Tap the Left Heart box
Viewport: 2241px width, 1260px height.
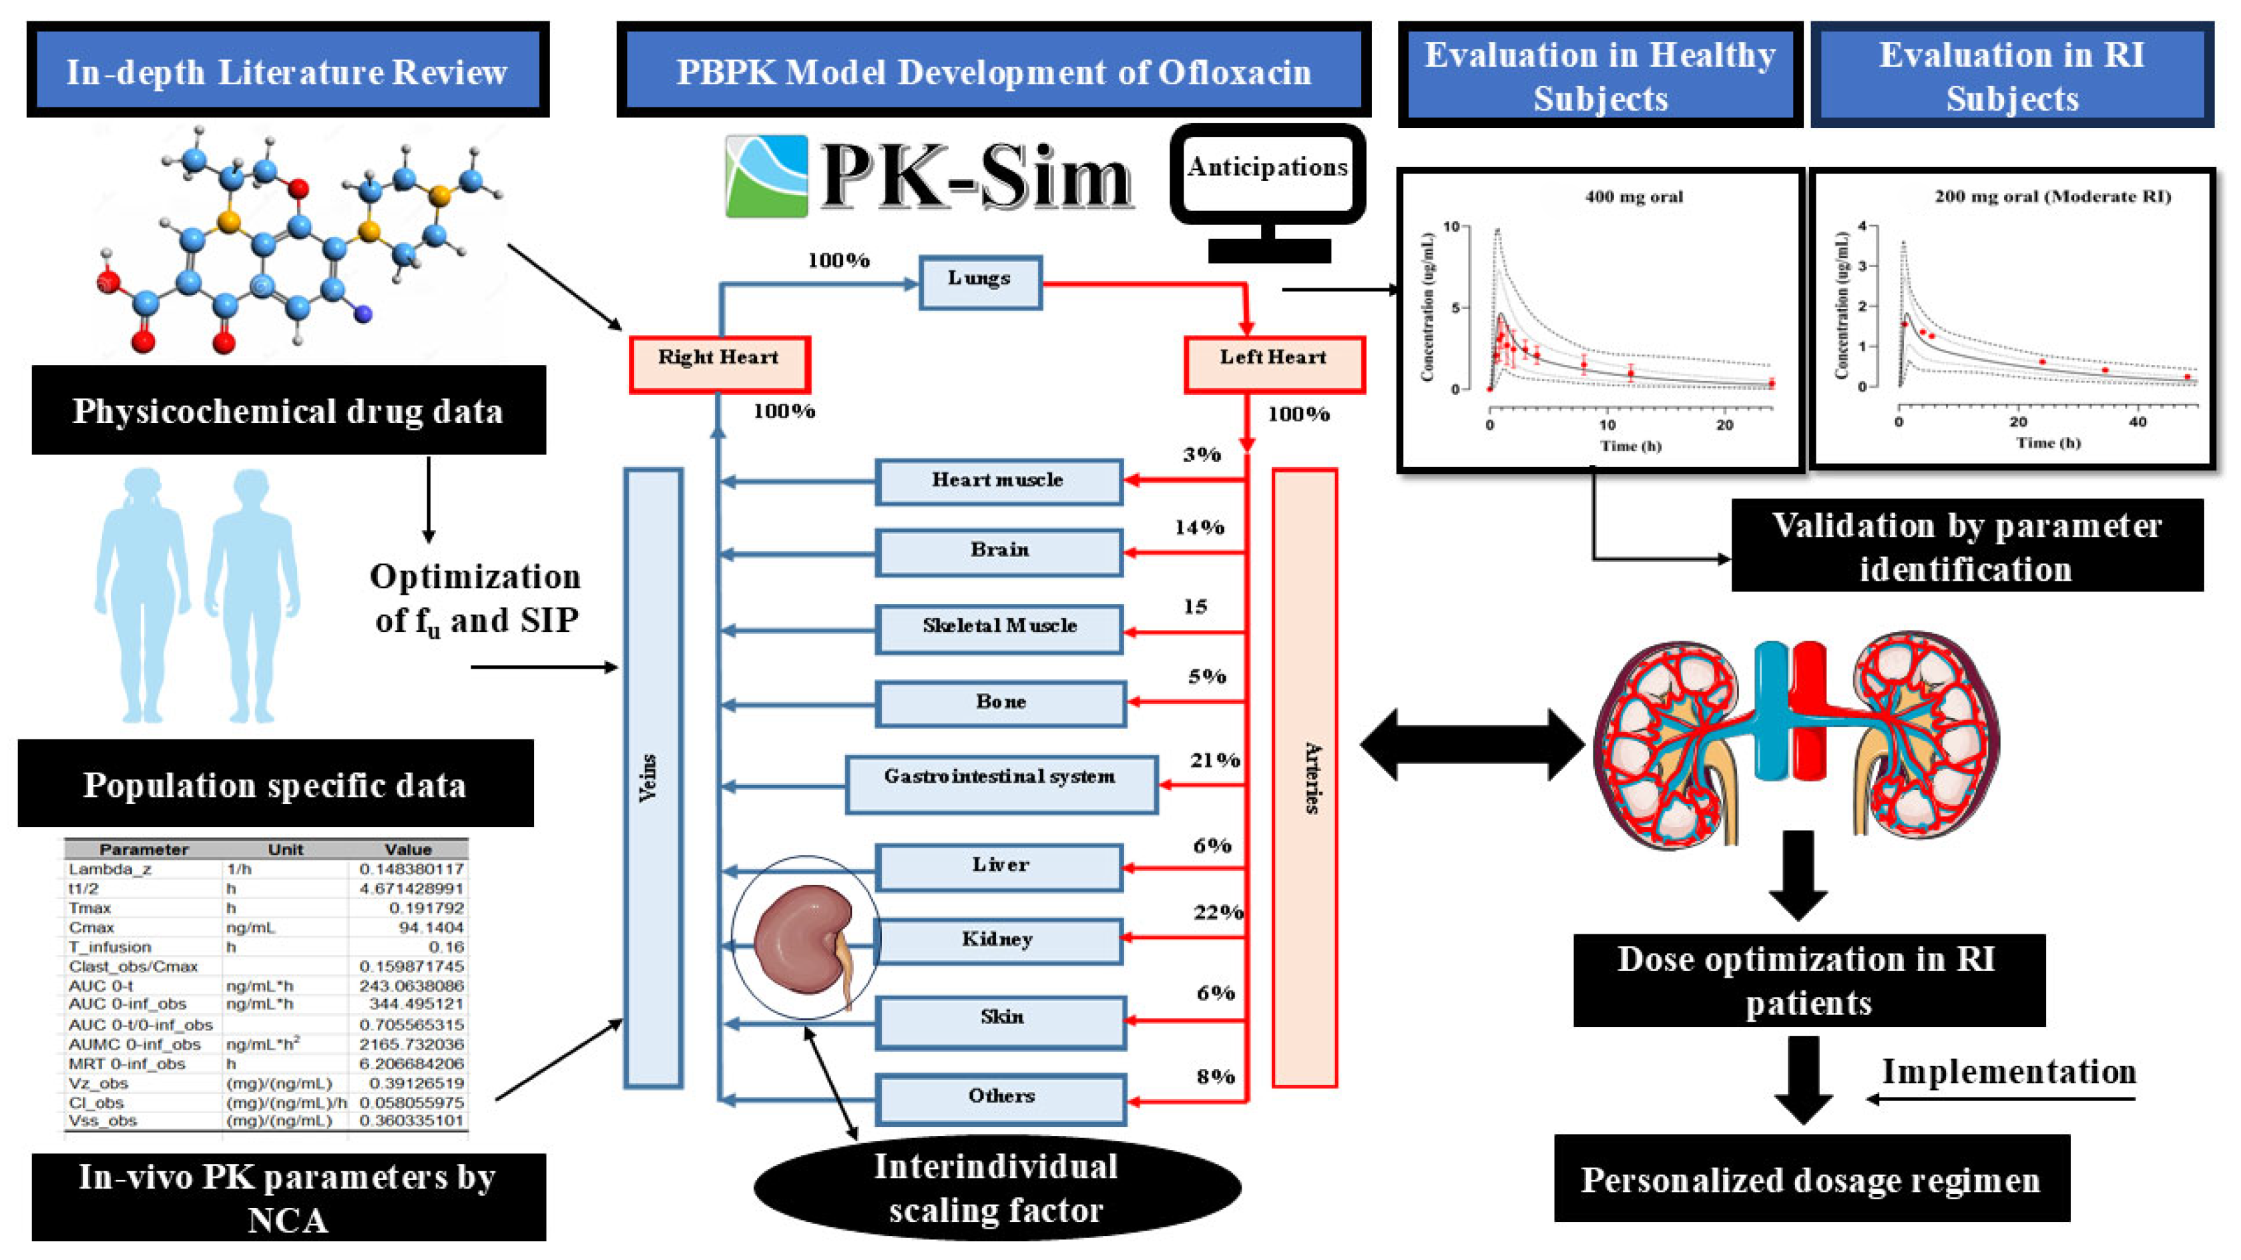(1274, 364)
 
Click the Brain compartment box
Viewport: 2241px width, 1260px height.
(999, 552)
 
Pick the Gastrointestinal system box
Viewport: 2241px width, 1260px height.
(1001, 783)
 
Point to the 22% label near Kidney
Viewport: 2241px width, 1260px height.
(1218, 912)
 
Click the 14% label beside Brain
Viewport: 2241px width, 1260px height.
(1199, 528)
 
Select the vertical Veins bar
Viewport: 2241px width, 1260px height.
(652, 777)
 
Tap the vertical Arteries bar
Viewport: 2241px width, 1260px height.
(1304, 777)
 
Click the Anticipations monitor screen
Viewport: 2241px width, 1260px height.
(1268, 170)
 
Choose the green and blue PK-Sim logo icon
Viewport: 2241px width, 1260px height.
(766, 176)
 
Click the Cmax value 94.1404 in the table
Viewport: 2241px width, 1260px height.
(431, 927)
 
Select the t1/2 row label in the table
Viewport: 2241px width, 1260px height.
(83, 888)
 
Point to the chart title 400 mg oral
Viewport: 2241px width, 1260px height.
(1633, 196)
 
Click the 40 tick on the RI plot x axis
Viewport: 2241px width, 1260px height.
(2137, 422)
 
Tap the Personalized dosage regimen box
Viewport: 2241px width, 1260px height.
(1811, 1179)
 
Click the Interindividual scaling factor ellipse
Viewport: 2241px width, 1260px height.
(997, 1188)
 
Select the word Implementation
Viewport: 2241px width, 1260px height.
(2009, 1071)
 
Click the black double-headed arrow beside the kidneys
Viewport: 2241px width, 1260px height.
(1470, 744)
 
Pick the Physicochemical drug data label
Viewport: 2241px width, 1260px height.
(288, 410)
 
